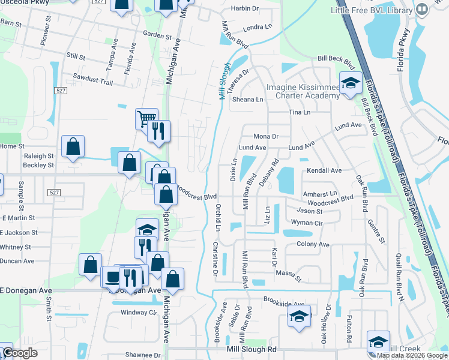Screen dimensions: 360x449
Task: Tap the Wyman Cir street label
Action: tap(307, 222)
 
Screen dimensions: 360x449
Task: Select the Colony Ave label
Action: tap(313, 244)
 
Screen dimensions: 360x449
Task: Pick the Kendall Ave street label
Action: tap(324, 170)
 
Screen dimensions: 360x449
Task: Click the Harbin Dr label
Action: tap(245, 8)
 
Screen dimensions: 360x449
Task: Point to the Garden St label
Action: tap(157, 35)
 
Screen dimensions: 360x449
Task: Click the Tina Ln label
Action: tap(300, 112)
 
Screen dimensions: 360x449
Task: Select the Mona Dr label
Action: tap(266, 137)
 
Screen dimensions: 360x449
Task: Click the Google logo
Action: tap(20, 353)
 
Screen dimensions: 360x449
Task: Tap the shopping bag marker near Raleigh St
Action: tap(73, 146)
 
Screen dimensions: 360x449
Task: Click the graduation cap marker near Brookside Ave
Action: tap(299, 317)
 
